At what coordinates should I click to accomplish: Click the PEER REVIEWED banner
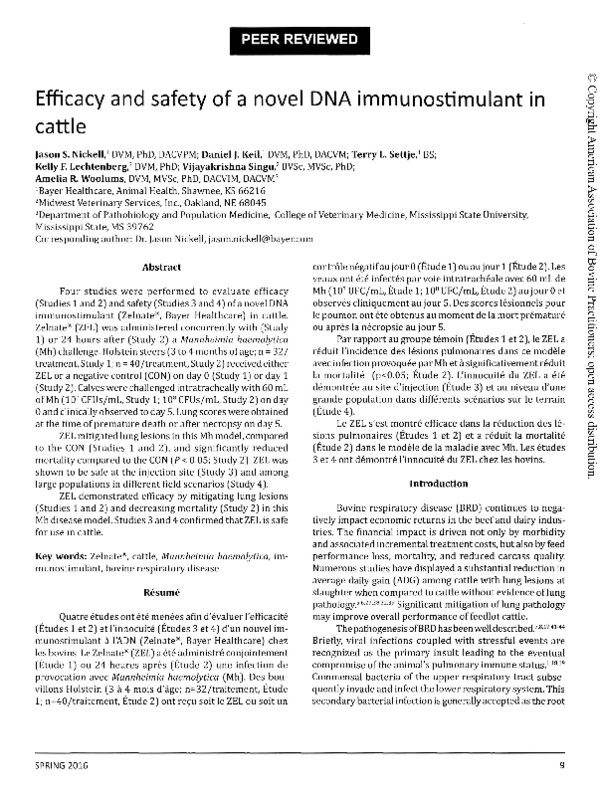[300, 41]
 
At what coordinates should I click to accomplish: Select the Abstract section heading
[161, 213]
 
